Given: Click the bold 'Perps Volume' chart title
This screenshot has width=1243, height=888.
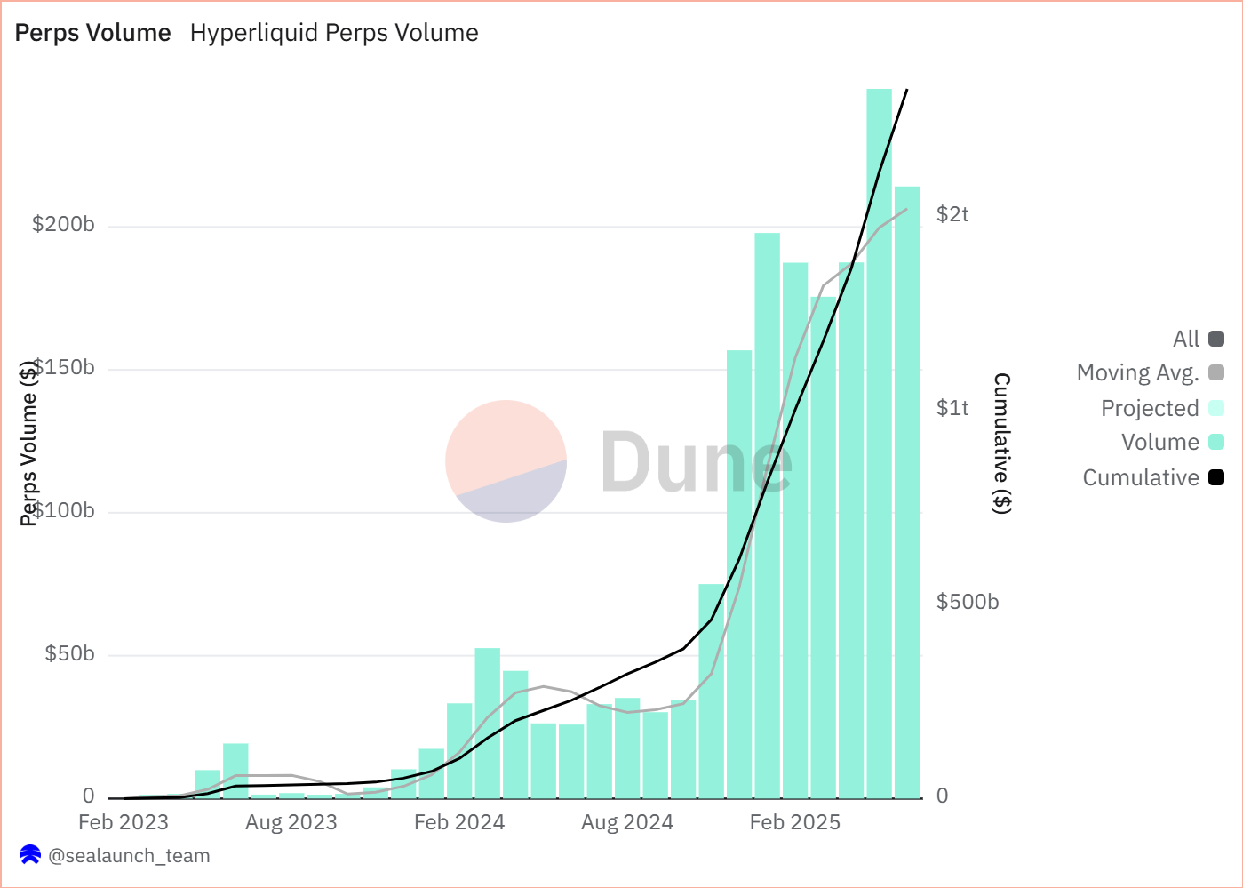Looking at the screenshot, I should point(92,33).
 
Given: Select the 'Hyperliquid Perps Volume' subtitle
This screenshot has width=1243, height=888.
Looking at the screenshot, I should point(334,33).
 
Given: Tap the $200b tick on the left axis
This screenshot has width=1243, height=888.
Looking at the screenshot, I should point(63,224).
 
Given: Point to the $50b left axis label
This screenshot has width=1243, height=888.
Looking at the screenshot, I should point(69,654).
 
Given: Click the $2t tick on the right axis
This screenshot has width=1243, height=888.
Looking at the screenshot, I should point(952,214).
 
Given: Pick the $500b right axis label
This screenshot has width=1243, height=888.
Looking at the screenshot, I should point(968,602).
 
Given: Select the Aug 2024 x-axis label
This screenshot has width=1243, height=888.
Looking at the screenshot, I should point(627,822).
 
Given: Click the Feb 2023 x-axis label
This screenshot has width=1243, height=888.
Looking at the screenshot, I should point(124,822).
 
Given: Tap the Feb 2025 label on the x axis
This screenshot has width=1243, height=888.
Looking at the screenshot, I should point(794,822).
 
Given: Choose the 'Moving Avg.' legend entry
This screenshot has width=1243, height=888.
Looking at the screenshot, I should point(1138,373).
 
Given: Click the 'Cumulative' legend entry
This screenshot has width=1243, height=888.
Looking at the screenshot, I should point(1141,478).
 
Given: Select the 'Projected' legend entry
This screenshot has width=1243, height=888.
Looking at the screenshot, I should point(1150,409).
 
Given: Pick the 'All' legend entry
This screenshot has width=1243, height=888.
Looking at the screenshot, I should point(1186,339).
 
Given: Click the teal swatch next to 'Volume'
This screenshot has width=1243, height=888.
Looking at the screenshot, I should point(1216,442).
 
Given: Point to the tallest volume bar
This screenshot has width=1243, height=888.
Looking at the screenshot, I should point(879,444).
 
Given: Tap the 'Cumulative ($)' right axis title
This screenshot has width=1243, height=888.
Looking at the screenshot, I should point(1001,443).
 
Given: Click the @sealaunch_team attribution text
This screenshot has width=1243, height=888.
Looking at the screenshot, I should point(129,856).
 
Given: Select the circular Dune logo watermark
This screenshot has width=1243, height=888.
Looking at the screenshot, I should point(506,461).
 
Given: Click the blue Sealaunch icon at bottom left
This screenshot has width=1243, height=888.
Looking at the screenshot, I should point(30,855).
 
